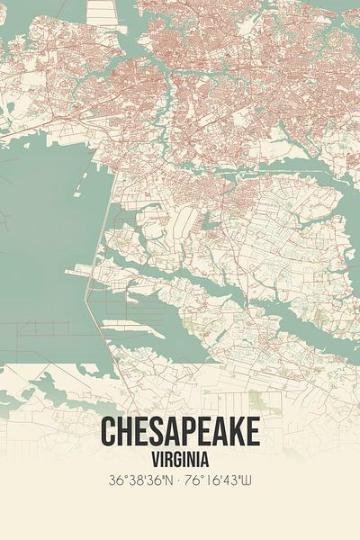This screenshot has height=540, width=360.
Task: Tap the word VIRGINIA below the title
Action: [180, 457]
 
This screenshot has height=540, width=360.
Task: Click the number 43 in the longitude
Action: [232, 481]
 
